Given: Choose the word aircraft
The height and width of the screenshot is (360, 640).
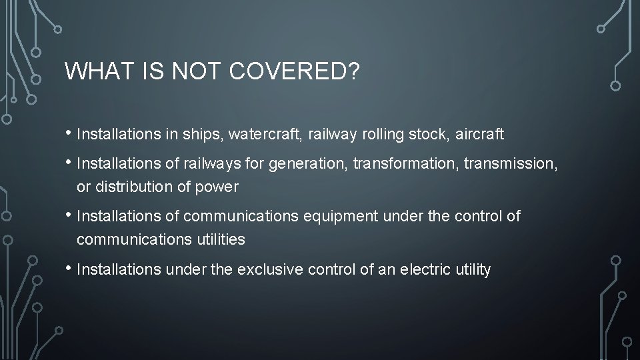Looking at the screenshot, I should tap(480, 135).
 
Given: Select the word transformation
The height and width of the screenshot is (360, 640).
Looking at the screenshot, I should tap(401, 164).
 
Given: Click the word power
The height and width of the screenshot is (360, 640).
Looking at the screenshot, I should tap(217, 187).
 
